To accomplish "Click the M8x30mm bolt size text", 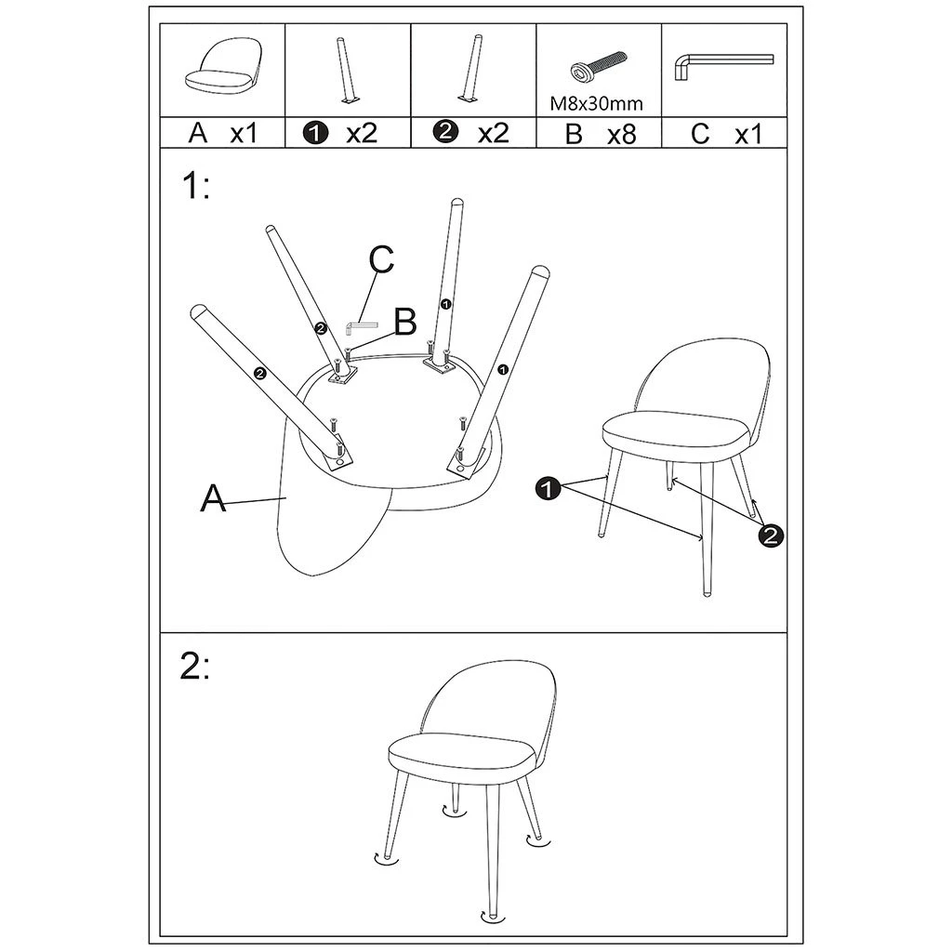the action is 596,104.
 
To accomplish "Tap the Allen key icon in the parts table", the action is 723,66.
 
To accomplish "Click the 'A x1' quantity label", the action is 223,133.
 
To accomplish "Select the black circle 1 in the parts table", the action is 318,133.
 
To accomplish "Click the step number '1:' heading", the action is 195,186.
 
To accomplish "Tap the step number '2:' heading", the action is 195,668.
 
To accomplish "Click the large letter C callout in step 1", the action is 381,259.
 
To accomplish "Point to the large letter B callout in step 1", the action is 405,322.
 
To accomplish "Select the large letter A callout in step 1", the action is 213,498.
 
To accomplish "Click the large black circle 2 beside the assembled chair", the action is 771,535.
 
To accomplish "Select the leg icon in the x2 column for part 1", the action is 346,71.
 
